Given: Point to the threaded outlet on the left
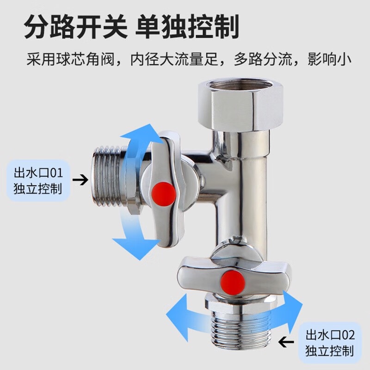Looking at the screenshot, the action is pos(109,179).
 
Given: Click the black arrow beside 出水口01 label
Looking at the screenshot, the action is pos(80,180).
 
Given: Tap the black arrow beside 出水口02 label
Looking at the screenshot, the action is pos(286,341).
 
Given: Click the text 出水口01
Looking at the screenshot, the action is pos(38,173).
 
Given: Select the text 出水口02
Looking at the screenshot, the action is pos(330,334).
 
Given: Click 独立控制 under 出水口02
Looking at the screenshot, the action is pos(330,351).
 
